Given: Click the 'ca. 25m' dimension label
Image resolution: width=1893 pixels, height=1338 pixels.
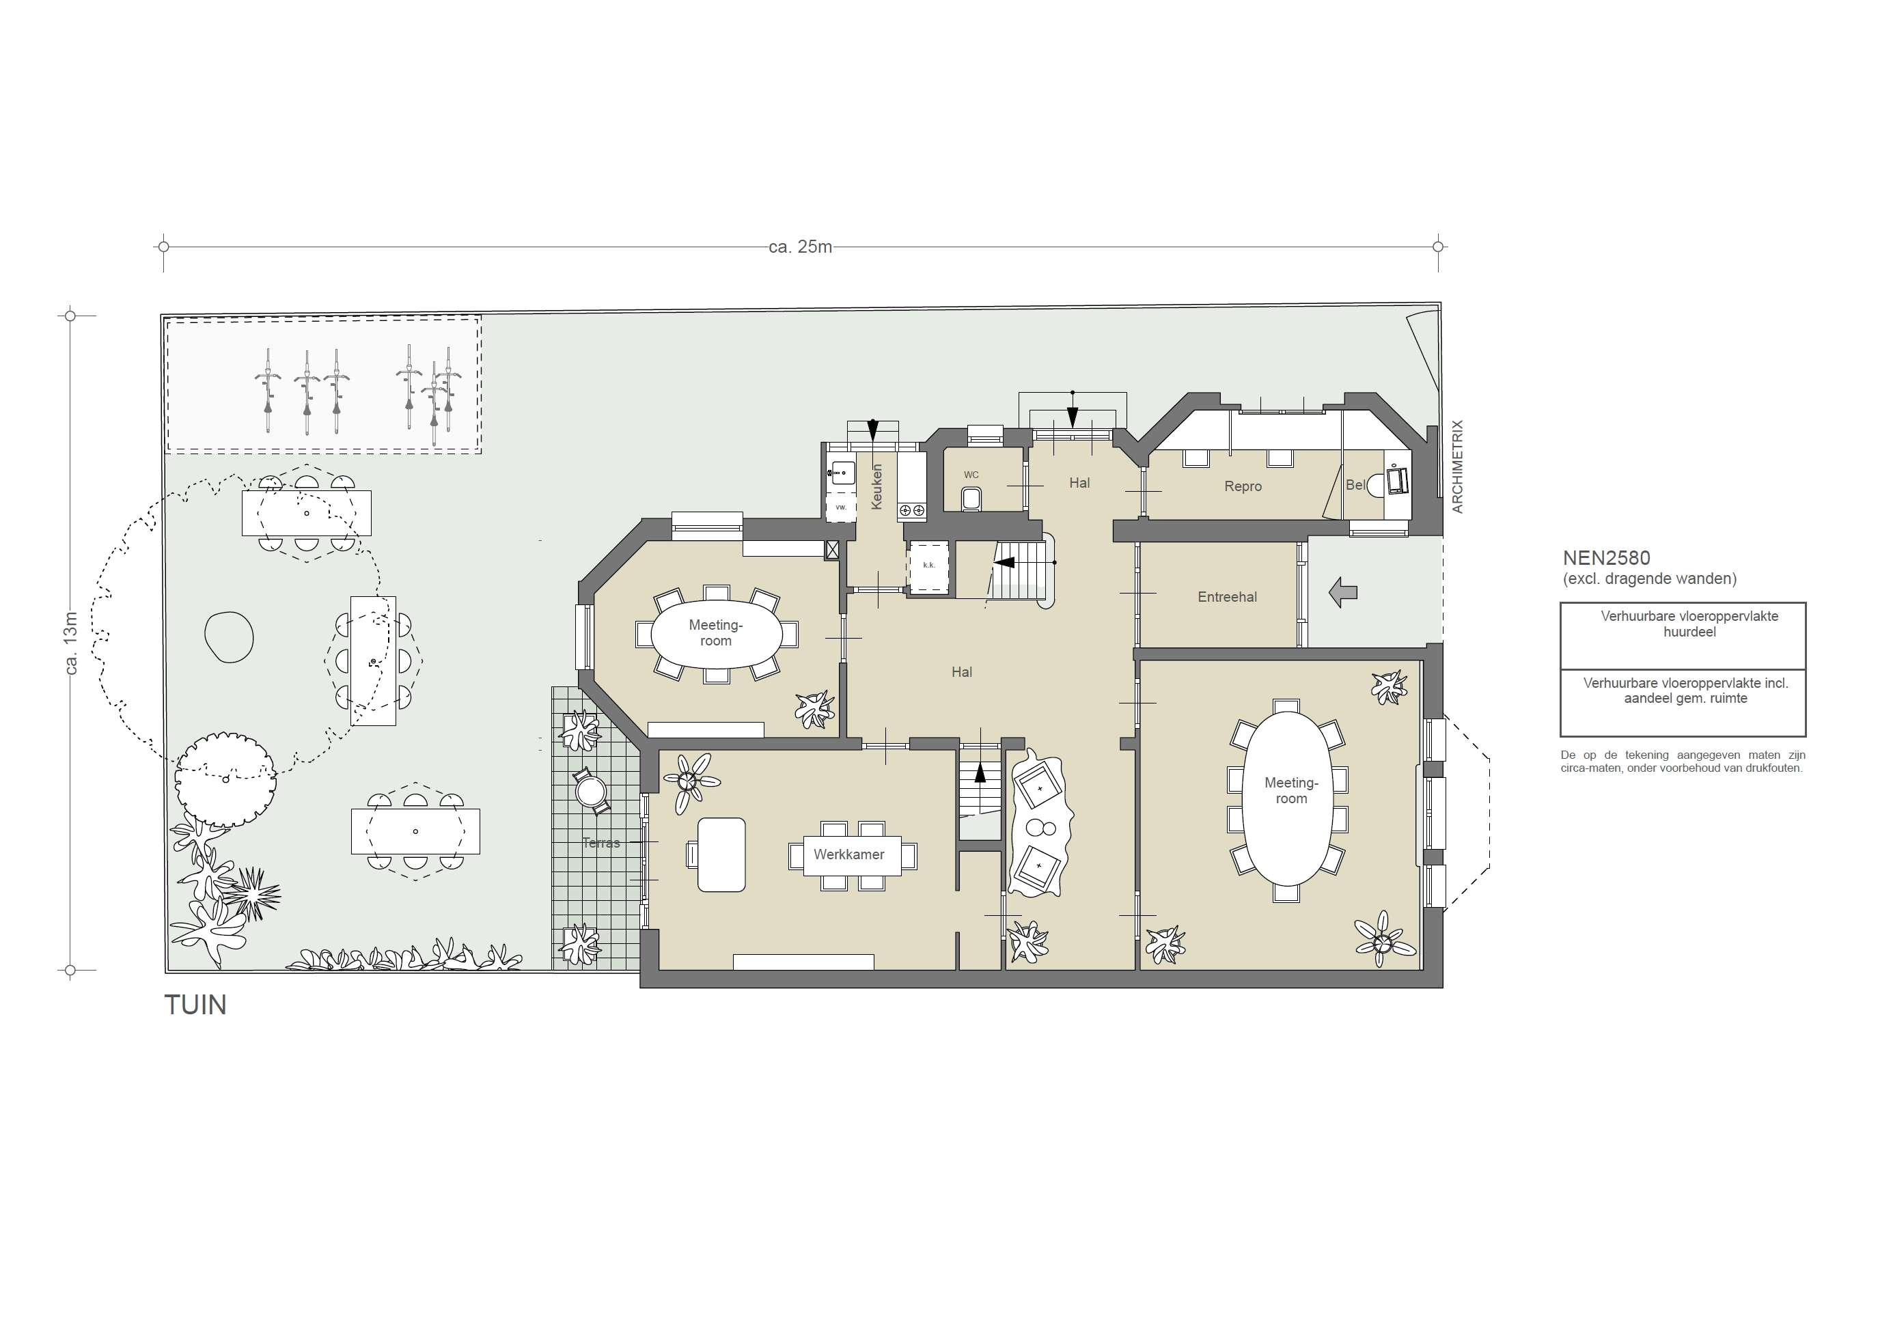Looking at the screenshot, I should pyautogui.click(x=800, y=247).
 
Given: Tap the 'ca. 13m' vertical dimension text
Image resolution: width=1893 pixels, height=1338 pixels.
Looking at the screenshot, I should pyautogui.click(x=71, y=643).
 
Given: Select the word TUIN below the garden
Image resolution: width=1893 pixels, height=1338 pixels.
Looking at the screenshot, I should pyautogui.click(x=195, y=1005).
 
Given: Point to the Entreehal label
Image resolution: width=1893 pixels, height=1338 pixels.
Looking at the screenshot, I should pyautogui.click(x=1227, y=597).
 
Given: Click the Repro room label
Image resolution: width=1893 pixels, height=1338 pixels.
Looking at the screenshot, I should pyautogui.click(x=1243, y=486).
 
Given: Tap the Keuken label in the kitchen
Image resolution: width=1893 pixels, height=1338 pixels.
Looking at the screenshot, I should pyautogui.click(x=876, y=486).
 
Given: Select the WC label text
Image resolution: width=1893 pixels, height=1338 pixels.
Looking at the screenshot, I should pyautogui.click(x=971, y=475).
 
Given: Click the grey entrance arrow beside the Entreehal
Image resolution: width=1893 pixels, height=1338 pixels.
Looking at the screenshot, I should pyautogui.click(x=1343, y=592).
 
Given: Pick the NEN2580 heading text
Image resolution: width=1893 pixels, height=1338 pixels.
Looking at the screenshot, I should pyautogui.click(x=1606, y=558).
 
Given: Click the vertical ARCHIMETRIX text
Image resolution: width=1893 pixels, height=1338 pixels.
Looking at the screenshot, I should pyautogui.click(x=1458, y=466).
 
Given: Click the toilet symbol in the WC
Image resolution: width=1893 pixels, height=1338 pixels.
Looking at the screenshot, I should pyautogui.click(x=971, y=499).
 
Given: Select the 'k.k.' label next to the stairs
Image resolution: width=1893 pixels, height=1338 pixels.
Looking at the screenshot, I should pyautogui.click(x=928, y=566).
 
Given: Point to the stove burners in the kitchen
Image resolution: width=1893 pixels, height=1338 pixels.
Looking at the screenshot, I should pyautogui.click(x=912, y=510).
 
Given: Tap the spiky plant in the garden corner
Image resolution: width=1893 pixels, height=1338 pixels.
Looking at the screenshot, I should pyautogui.click(x=253, y=893).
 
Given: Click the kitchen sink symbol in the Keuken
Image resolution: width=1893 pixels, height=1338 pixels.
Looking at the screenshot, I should pyautogui.click(x=841, y=474).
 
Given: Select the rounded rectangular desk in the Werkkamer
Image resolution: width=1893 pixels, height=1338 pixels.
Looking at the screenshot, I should pyautogui.click(x=721, y=855).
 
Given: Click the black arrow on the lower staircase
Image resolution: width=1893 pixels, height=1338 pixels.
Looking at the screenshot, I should pyautogui.click(x=980, y=773).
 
